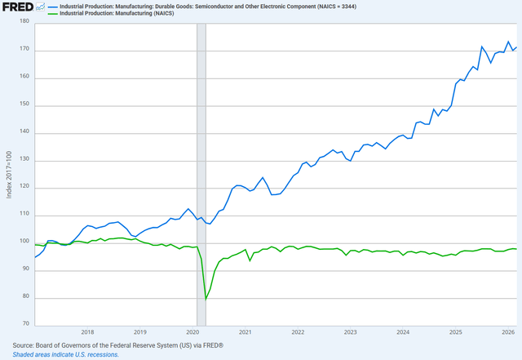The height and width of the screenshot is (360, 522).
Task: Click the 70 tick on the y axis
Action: coord(25,325)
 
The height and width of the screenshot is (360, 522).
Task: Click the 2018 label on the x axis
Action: coord(87,332)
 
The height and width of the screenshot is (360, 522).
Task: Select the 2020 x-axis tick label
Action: coord(192,332)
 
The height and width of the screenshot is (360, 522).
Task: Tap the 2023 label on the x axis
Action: coord(350,332)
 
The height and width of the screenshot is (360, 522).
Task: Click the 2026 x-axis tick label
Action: coord(507,332)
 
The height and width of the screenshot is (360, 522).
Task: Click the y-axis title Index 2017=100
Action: coord(10,175)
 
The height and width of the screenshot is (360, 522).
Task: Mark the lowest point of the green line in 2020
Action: coord(206,300)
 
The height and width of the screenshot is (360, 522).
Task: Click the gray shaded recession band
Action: coord(201,163)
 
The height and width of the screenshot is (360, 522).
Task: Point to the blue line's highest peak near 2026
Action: coord(509,42)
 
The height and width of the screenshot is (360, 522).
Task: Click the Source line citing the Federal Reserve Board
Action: coord(118,345)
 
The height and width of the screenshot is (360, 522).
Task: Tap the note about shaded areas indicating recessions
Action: coord(66,354)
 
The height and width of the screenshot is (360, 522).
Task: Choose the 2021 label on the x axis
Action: coord(245,332)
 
